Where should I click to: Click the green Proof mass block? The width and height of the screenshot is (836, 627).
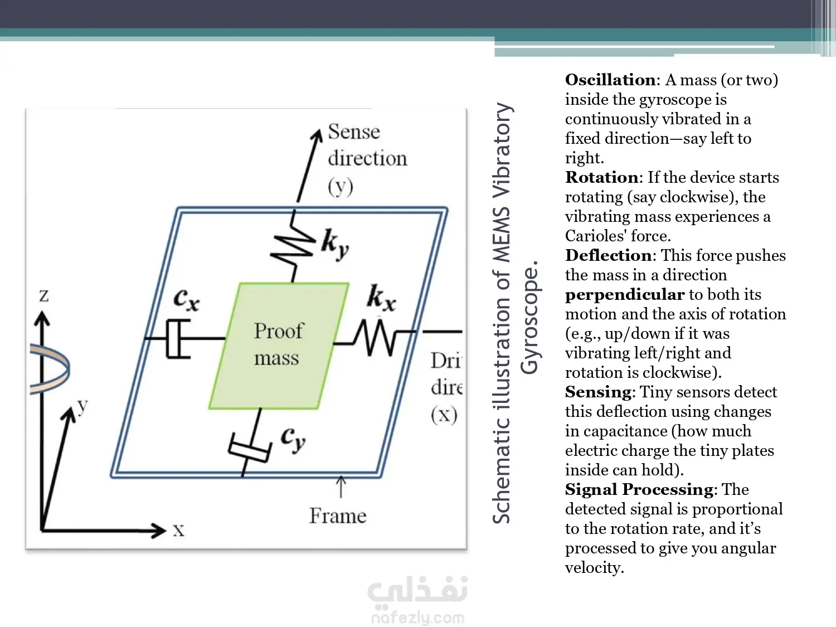(x=278, y=346)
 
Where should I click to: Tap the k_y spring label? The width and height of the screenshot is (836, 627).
(x=335, y=244)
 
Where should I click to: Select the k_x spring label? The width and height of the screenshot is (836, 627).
(x=381, y=297)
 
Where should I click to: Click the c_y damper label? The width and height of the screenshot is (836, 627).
(x=293, y=439)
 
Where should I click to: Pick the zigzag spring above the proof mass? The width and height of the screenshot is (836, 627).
(x=293, y=246)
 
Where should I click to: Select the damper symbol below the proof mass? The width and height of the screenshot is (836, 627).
(x=250, y=448)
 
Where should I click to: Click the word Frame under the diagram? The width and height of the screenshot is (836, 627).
(x=338, y=516)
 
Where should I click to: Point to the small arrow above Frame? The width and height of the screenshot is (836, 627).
(x=341, y=486)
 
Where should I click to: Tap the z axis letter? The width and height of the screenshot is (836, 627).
(x=44, y=295)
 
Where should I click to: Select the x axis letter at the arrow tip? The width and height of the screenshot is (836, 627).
(x=178, y=530)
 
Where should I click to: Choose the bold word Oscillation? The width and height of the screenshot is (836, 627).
(x=610, y=80)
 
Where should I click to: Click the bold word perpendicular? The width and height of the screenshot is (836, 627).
(x=624, y=294)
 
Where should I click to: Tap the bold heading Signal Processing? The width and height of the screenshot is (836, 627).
(x=639, y=489)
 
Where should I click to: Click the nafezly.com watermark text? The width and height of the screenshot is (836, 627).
(x=417, y=618)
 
